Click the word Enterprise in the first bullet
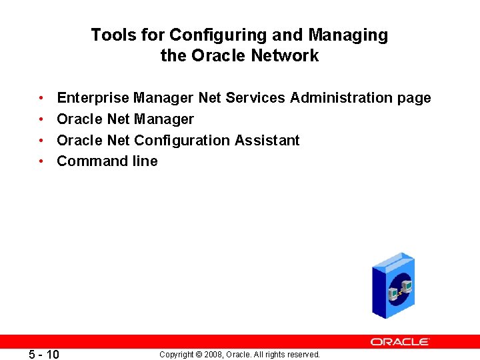coord(93,98)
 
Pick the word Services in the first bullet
coord(255,98)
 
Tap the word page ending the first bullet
coord(414,99)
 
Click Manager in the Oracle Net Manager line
coord(164,119)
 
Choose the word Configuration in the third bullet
coord(182,141)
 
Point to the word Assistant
coord(267,141)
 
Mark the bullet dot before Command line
coord(41,161)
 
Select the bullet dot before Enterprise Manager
coord(41,99)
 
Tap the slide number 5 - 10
coord(45,354)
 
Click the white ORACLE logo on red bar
coord(400,341)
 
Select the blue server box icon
coord(393,285)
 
